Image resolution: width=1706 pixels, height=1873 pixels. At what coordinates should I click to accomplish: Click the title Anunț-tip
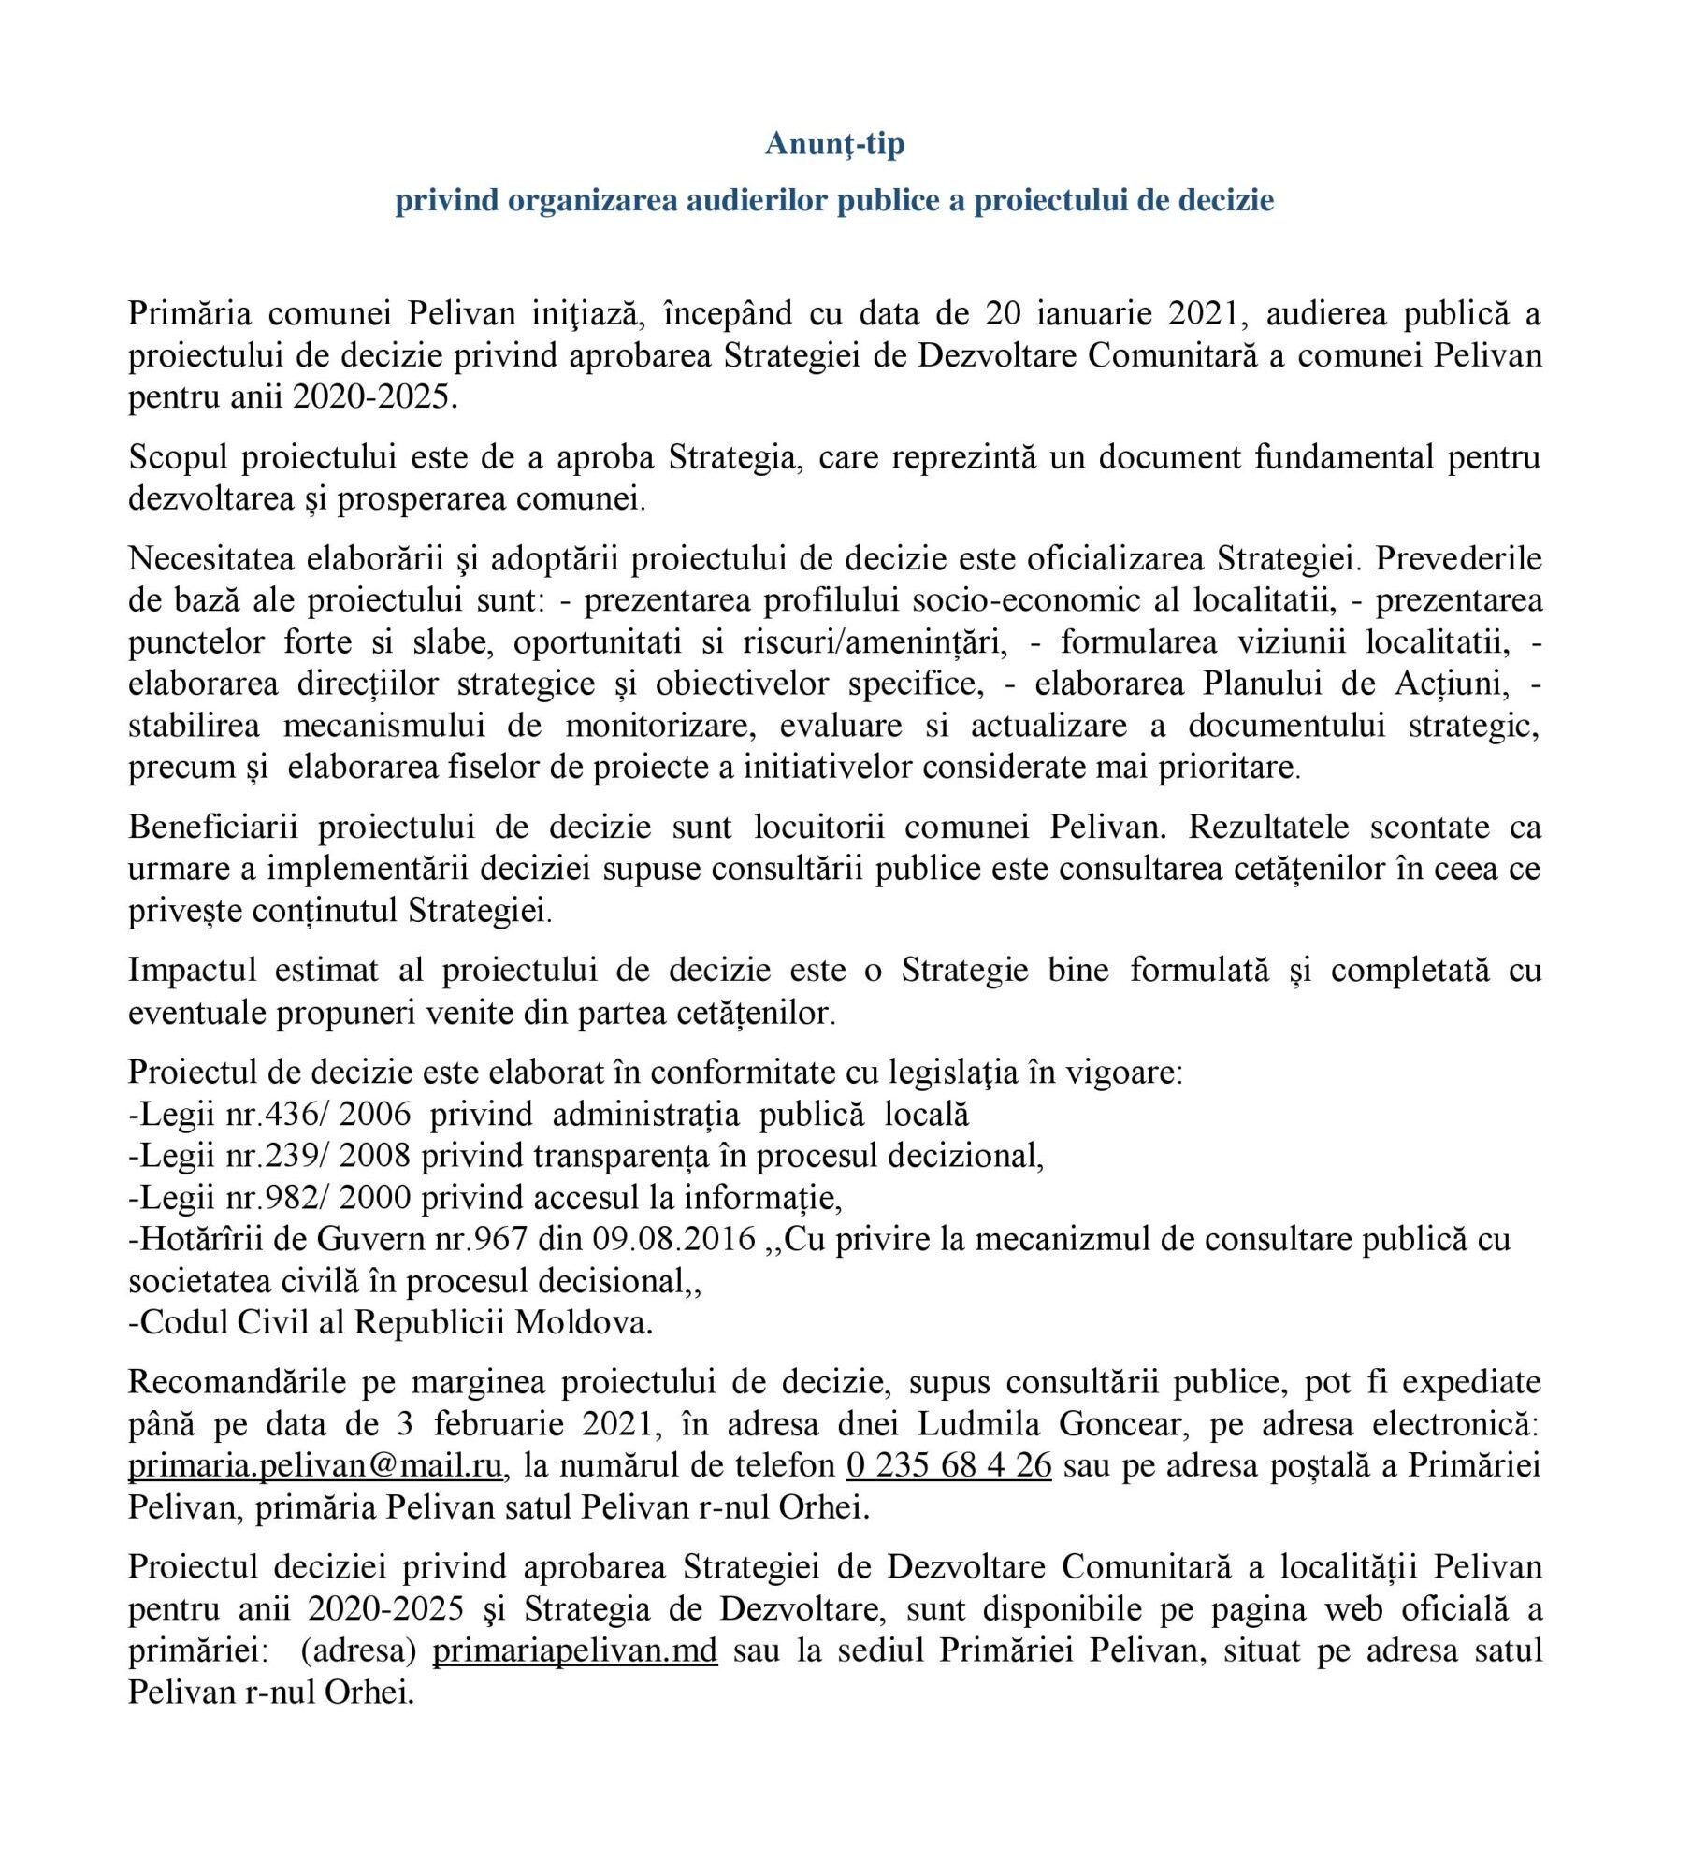pos(834,144)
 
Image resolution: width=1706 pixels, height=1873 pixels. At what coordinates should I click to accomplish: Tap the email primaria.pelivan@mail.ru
pos(315,1464)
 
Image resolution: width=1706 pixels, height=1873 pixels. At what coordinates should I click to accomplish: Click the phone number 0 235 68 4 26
pos(948,1464)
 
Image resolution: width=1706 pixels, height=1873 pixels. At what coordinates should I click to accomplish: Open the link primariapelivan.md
pos(574,1650)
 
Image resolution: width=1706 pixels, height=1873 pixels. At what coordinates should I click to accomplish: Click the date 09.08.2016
pos(673,1239)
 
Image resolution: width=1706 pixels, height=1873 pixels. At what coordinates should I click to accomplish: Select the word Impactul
pos(192,970)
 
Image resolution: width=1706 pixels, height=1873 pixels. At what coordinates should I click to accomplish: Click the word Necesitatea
pos(211,558)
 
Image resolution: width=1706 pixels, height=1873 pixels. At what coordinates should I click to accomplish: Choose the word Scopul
pos(180,457)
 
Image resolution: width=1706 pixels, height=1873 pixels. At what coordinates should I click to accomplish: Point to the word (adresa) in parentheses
pos(357,1650)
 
